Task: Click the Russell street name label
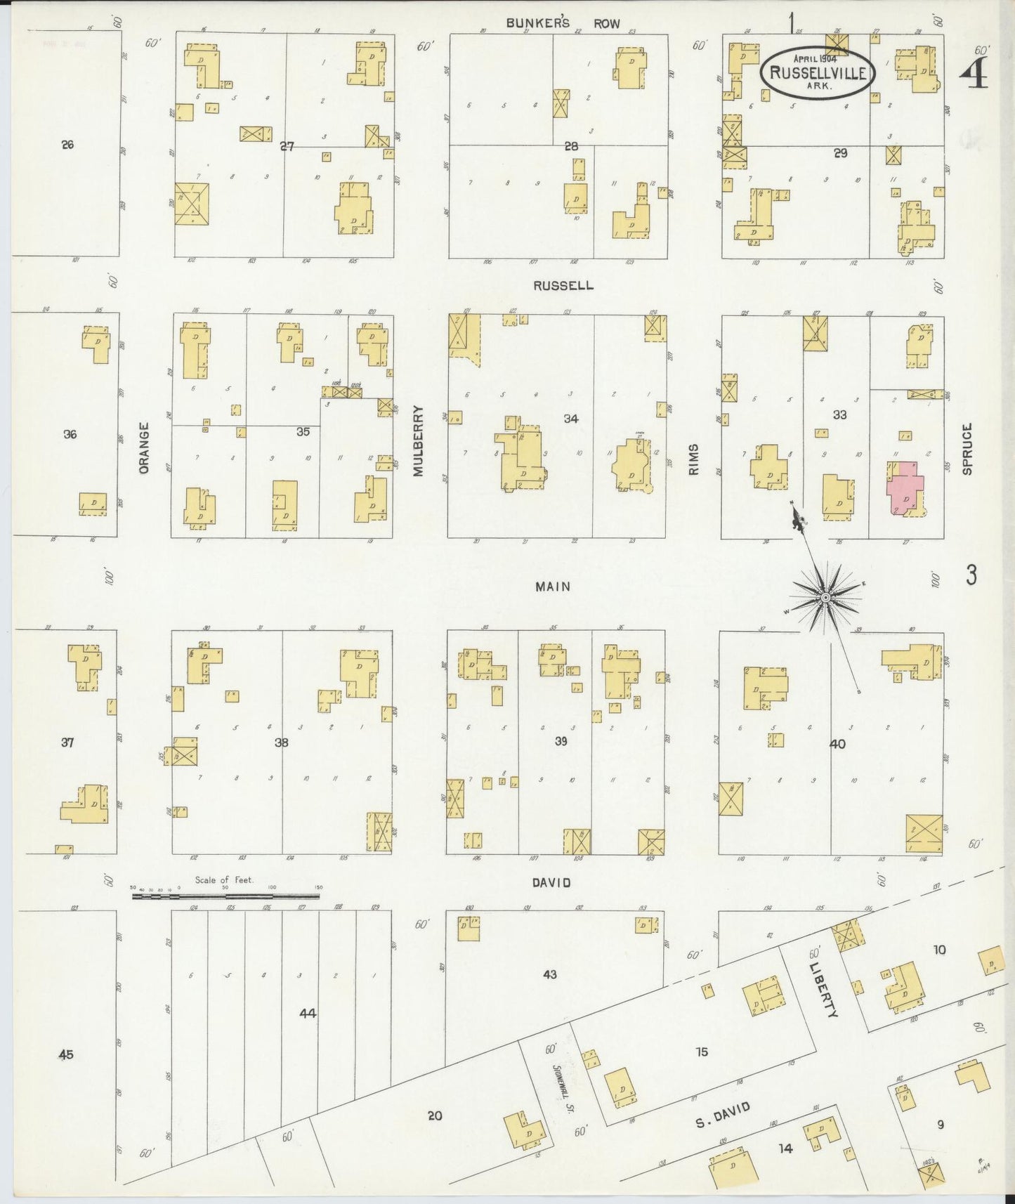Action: pos(563,286)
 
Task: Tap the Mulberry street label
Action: pos(419,440)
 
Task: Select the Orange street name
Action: pos(144,447)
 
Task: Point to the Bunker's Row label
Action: pos(563,23)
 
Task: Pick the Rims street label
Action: pos(694,459)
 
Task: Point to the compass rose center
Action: pos(826,597)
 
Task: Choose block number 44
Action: pos(308,1013)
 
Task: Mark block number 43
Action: pos(549,974)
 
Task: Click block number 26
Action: pos(67,145)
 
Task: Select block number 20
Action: pos(435,1115)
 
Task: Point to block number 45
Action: pos(66,1054)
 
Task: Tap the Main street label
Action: pos(553,586)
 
